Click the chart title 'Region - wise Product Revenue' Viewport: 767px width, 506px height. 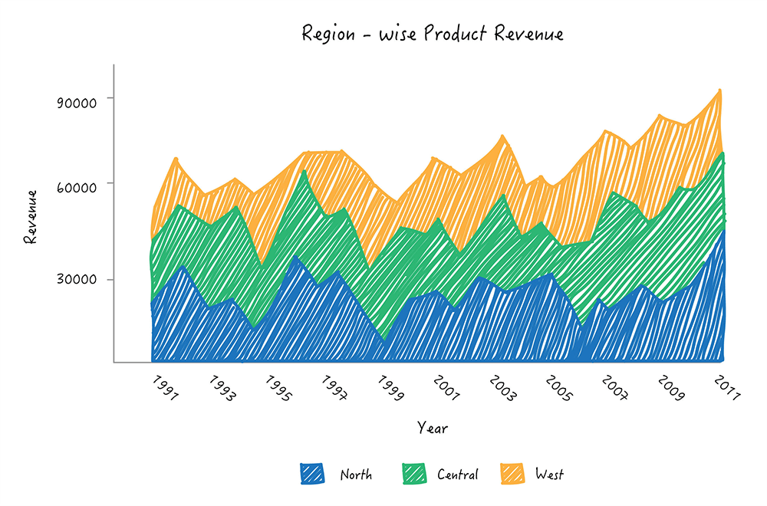(x=433, y=34)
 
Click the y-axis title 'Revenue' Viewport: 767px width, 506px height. (x=31, y=217)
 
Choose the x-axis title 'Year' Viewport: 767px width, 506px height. (x=433, y=428)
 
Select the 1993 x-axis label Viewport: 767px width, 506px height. (x=222, y=388)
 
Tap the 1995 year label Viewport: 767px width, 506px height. (x=278, y=388)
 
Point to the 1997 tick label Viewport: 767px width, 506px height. (x=334, y=388)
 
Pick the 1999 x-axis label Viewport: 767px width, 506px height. (x=390, y=388)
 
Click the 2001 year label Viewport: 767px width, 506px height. (x=445, y=388)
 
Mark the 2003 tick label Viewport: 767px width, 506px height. (x=502, y=388)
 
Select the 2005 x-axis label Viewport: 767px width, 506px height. (x=558, y=388)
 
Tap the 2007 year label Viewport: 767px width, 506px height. (x=614, y=388)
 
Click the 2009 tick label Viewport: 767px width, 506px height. (x=670, y=388)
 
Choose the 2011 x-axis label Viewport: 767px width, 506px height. (x=726, y=388)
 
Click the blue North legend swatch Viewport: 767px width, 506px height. (x=312, y=475)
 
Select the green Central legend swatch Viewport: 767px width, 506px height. (x=414, y=475)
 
